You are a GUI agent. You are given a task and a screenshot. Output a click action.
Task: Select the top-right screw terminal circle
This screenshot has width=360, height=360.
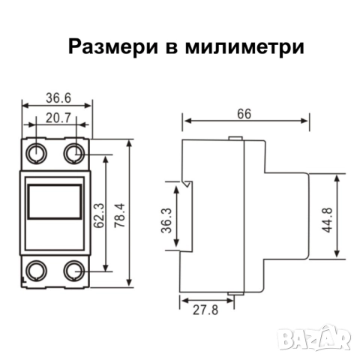point(73,154)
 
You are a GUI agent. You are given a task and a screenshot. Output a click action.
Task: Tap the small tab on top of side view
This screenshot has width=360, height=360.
point(235,138)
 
